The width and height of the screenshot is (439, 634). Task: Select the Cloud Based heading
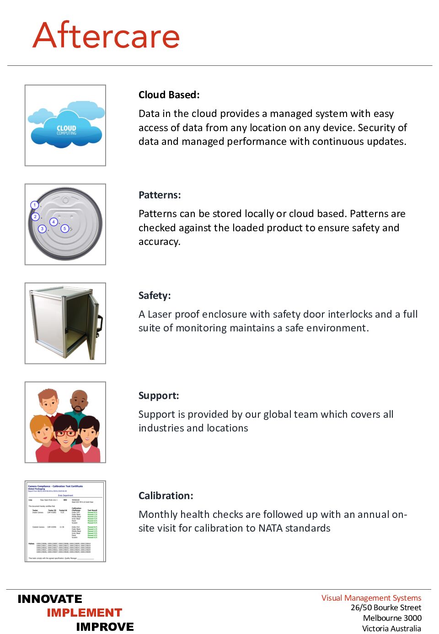click(x=169, y=95)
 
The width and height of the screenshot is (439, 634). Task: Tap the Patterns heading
click(x=160, y=195)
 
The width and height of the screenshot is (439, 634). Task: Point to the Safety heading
click(x=155, y=295)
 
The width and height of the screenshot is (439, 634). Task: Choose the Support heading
click(x=159, y=395)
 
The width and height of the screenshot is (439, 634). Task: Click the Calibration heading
click(x=166, y=495)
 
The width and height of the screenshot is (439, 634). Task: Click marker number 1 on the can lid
click(x=35, y=205)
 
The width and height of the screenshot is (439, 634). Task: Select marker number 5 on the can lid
click(x=65, y=229)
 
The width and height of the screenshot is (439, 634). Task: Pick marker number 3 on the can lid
click(x=42, y=229)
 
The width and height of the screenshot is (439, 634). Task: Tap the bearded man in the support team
click(x=79, y=403)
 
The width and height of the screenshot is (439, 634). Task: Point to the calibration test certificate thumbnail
click(x=65, y=521)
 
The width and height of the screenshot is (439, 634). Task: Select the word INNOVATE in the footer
click(x=50, y=599)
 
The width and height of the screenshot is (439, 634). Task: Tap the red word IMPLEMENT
click(x=85, y=613)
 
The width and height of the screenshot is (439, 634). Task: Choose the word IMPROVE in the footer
click(x=105, y=627)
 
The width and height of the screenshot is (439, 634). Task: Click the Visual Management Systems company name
click(x=371, y=597)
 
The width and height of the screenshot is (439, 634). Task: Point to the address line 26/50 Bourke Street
click(x=386, y=607)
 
